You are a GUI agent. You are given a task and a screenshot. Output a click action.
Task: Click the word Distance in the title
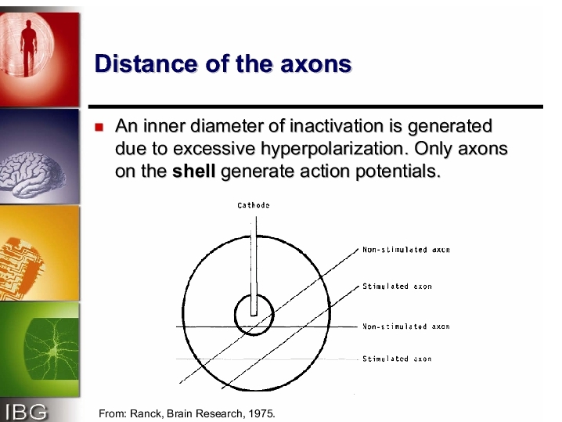click(x=146, y=63)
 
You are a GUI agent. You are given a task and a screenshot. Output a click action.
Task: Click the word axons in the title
click(x=315, y=64)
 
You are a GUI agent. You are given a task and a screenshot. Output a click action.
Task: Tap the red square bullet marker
click(x=99, y=128)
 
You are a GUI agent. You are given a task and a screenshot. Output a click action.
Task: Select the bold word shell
click(x=193, y=171)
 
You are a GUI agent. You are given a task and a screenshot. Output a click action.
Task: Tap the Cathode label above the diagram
click(x=254, y=205)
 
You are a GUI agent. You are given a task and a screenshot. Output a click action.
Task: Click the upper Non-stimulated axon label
click(x=406, y=250)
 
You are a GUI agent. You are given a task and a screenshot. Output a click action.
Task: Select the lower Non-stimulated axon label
click(x=406, y=326)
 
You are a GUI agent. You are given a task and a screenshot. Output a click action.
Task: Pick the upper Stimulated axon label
click(x=397, y=286)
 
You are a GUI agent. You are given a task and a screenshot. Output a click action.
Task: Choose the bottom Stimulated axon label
click(x=397, y=359)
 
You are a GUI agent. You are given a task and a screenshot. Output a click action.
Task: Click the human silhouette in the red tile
click(x=28, y=47)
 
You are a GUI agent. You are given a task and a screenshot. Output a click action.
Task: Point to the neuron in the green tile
click(x=52, y=349)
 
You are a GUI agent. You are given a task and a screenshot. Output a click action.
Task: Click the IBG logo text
click(x=26, y=412)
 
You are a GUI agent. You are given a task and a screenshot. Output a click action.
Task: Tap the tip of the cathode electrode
click(x=254, y=316)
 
